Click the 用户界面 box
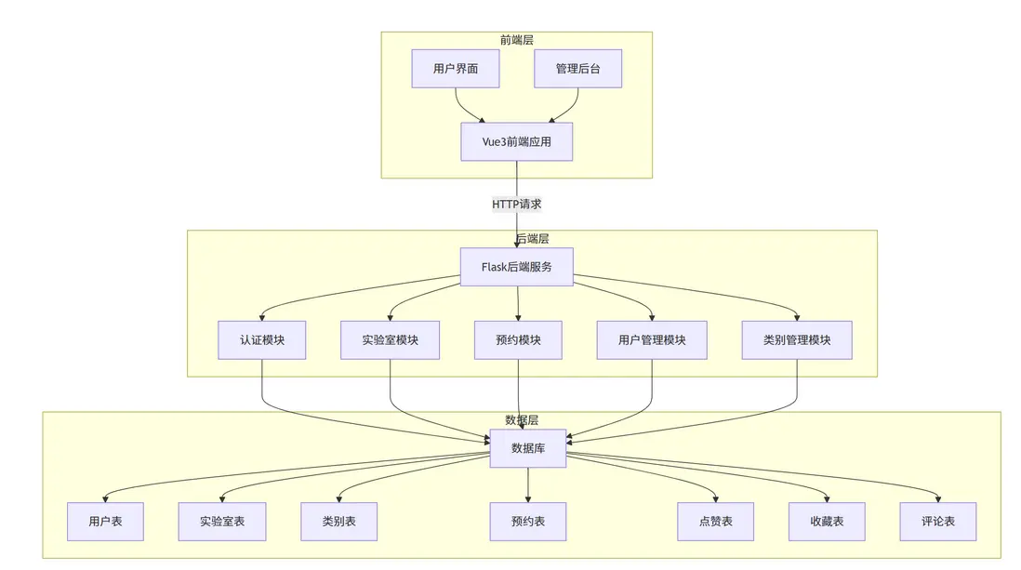456,69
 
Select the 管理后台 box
577,69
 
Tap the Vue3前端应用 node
516,141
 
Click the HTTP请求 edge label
516,204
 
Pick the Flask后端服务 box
517,267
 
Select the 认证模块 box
261,340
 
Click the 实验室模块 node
391,340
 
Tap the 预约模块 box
518,340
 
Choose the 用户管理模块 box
651,340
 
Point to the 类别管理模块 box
798,340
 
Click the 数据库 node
528,448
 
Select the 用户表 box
105,522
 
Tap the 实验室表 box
222,522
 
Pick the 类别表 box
338,522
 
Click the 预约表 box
528,522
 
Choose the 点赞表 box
716,522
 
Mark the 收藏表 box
827,522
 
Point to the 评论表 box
937,522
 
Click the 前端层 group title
516,40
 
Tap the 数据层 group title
521,420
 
